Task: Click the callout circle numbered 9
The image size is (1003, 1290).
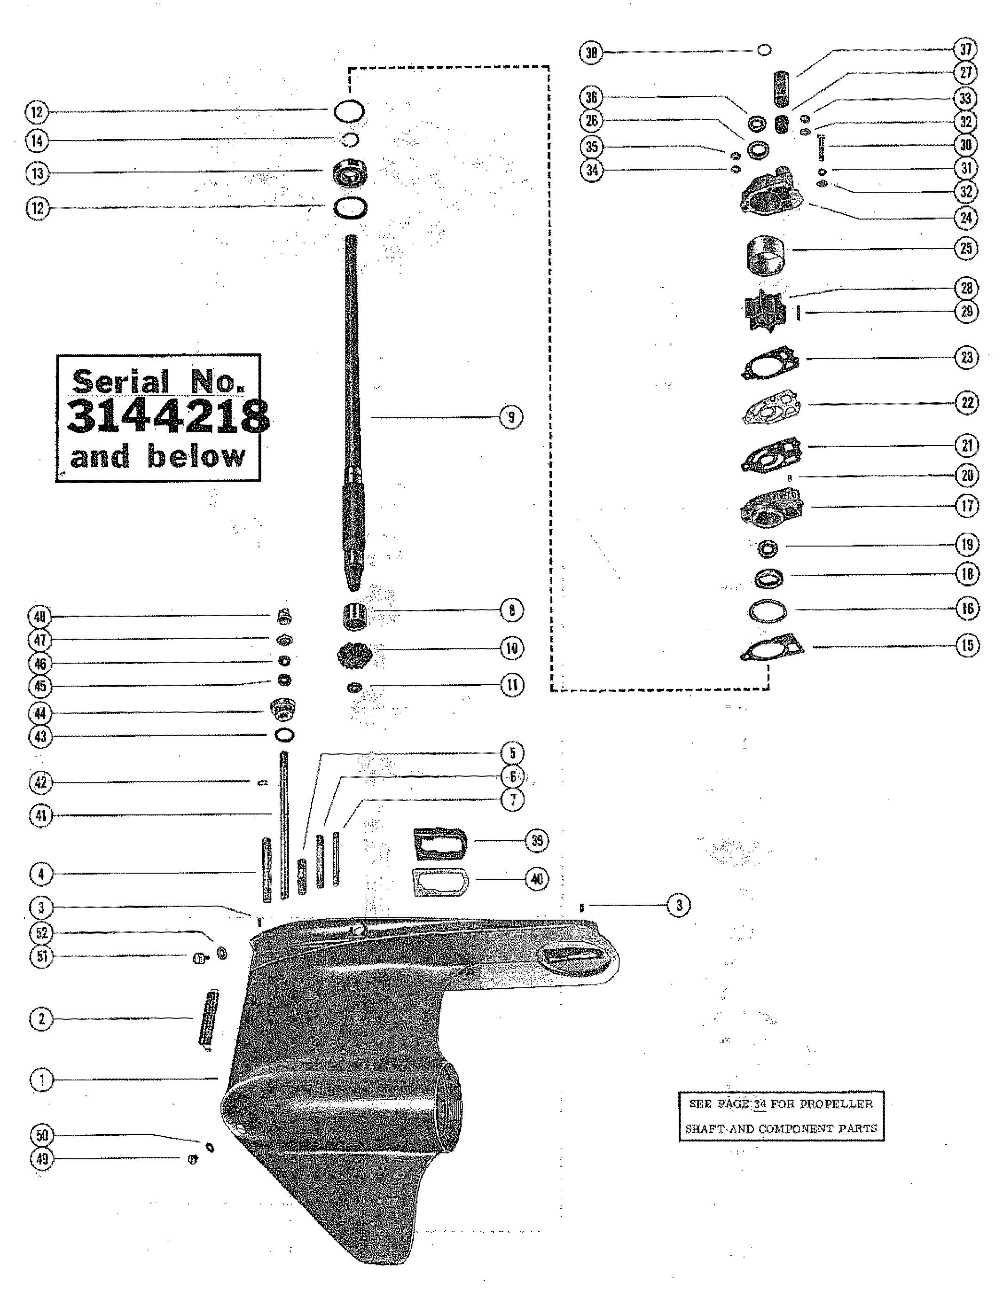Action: (511, 417)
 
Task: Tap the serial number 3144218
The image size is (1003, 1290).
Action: (168, 417)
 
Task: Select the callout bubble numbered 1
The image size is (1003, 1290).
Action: (41, 1080)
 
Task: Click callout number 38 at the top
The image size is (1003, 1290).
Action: (591, 53)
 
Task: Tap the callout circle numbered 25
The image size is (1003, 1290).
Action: (966, 248)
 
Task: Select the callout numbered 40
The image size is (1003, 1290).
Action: (537, 879)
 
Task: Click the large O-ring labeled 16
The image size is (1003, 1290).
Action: (768, 612)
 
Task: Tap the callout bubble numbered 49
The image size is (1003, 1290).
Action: (41, 1159)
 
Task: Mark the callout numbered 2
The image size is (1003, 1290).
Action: (41, 1018)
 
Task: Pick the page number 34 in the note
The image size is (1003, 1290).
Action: (759, 1104)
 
